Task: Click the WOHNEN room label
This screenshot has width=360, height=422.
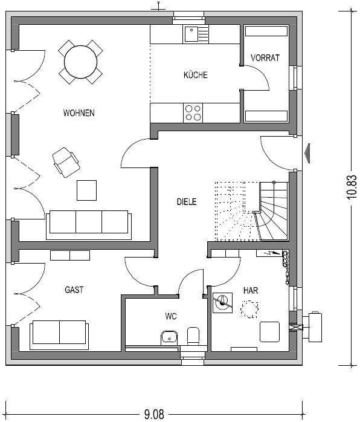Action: click(79, 113)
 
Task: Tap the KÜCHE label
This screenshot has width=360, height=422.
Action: click(196, 75)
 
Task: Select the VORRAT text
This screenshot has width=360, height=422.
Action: click(265, 58)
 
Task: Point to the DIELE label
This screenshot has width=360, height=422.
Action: click(187, 201)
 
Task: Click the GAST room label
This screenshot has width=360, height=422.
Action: click(74, 290)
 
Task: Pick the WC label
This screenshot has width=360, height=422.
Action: click(171, 316)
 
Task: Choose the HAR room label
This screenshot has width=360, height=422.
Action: click(251, 290)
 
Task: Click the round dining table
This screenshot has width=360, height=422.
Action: click(81, 62)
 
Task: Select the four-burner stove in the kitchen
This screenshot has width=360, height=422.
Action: click(193, 113)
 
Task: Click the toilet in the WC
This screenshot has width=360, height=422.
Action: click(193, 336)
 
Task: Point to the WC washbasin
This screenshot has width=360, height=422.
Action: click(169, 337)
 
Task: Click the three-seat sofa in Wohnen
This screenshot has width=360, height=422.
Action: click(89, 225)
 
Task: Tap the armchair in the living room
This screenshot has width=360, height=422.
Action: click(66, 162)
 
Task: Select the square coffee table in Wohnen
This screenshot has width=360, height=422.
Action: click(86, 190)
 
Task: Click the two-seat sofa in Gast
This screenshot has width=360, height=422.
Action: click(59, 335)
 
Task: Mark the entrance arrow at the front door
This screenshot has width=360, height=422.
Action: click(307, 153)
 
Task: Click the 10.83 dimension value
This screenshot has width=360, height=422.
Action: click(352, 187)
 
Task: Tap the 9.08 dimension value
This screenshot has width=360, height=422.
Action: click(154, 414)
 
